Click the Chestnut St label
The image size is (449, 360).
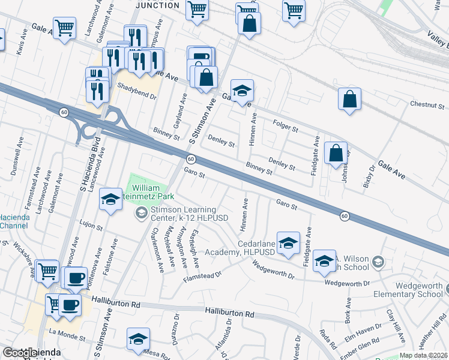pyautogui.click(x=427, y=104)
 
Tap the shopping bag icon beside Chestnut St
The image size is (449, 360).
pyautogui.click(x=349, y=100)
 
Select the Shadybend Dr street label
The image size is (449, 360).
pyautogui.click(x=136, y=86)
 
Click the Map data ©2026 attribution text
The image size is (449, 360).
pyautogui.click(x=424, y=355)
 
